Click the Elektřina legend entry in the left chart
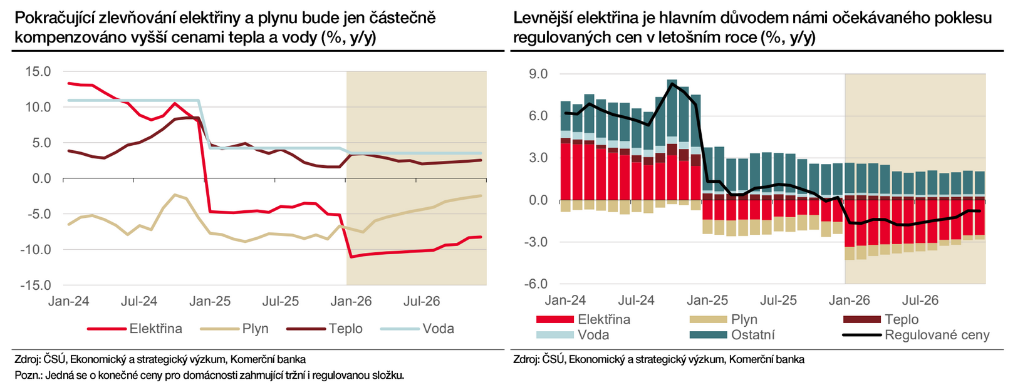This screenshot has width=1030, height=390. (155, 329)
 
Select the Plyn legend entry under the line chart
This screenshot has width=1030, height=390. (255, 329)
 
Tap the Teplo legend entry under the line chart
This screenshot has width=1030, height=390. (345, 329)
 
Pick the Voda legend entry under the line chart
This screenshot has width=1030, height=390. (438, 329)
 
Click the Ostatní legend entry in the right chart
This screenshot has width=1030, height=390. (752, 335)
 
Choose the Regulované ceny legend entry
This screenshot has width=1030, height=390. (937, 335)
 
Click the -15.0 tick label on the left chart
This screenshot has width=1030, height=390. (36, 285)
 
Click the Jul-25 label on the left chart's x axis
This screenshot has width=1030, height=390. (281, 301)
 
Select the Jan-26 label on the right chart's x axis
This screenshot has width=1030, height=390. (849, 300)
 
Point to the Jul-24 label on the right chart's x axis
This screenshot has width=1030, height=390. (636, 300)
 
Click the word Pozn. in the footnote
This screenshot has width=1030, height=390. (28, 376)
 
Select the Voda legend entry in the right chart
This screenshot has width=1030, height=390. (593, 335)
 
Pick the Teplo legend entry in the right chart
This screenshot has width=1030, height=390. (902, 320)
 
